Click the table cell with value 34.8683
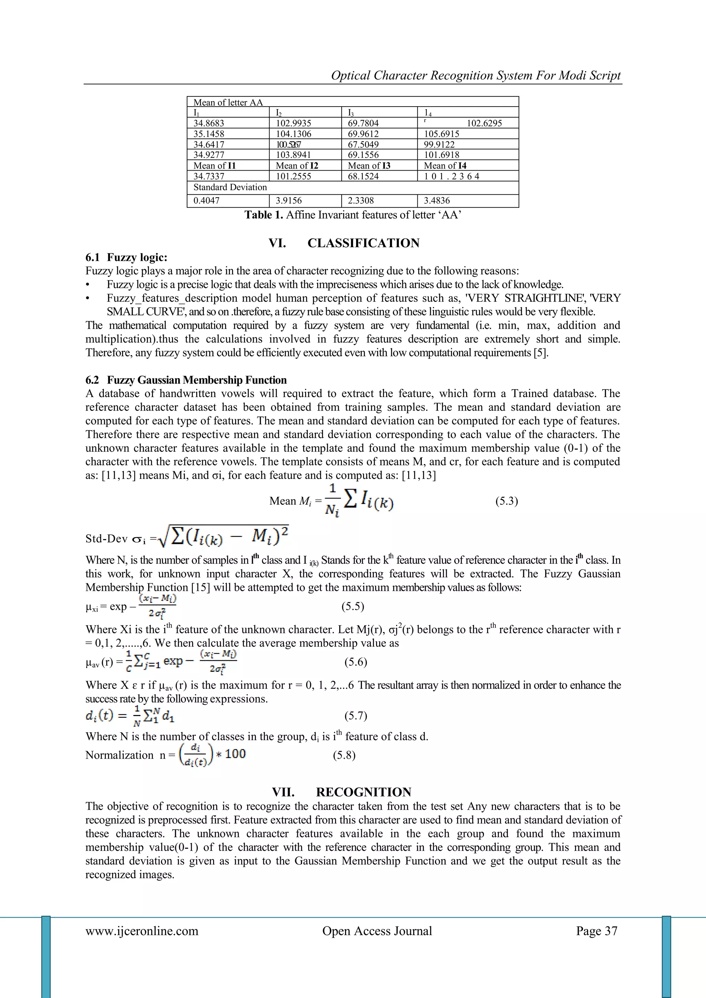pos(209,123)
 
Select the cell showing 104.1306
pos(293,134)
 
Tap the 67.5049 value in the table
pos(363,144)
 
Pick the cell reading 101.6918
pos(441,155)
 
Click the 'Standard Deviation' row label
pos(230,187)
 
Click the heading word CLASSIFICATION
pos(363,243)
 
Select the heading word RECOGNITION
pos(363,792)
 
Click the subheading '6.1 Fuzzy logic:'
pos(126,257)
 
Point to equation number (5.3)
pos(506,501)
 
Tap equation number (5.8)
pos(344,755)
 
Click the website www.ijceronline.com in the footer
pos(142,931)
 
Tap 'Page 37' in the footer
pos(596,931)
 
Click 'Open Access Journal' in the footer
pos(377,931)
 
